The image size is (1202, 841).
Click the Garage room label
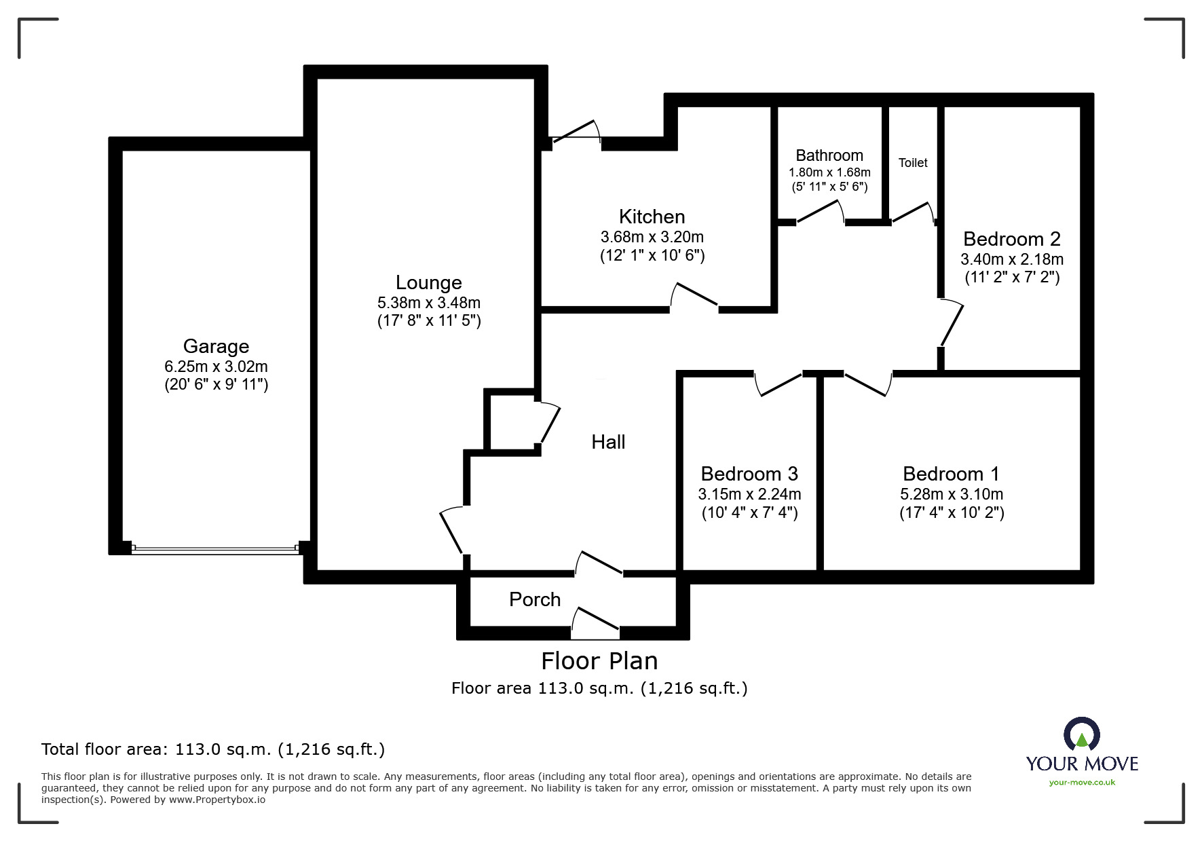[216, 346]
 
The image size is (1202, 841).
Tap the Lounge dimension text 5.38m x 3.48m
[428, 303]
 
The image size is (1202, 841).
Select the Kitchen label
[652, 217]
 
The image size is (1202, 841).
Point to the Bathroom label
[829, 155]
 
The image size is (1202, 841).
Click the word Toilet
[912, 163]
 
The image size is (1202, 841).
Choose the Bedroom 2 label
[1011, 239]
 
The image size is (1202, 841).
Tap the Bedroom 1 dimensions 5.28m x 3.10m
[951, 494]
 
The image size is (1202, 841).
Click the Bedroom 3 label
[749, 473]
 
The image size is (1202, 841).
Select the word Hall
[607, 442]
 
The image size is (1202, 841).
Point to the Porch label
[535, 599]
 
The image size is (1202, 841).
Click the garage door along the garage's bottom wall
[215, 548]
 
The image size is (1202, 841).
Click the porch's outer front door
[595, 622]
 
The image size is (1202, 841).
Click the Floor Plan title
[599, 660]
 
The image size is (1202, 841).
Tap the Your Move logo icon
[1081, 734]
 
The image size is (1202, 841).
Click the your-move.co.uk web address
[1082, 783]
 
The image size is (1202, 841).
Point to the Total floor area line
[213, 749]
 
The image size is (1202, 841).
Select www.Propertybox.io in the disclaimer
[217, 800]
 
